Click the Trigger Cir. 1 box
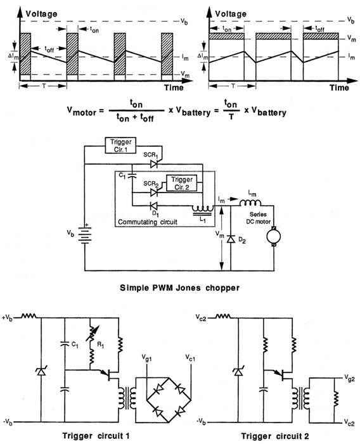tap(120, 145)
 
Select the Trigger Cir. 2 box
tap(181, 183)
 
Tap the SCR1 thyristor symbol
tap(154, 163)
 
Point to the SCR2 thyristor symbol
tap(154, 193)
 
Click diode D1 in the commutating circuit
tap(154, 205)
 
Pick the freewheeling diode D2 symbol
tap(231, 239)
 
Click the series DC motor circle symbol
tap(274, 236)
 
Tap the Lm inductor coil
tap(250, 203)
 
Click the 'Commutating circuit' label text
tap(148, 222)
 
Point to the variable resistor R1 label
tap(100, 345)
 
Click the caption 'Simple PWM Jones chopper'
tap(179, 288)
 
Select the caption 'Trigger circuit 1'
tap(96, 436)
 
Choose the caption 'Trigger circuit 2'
tap(274, 436)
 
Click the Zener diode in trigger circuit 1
tap(41, 371)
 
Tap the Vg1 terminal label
tap(146, 358)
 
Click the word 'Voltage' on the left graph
tap(41, 13)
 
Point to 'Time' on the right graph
tap(339, 88)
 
